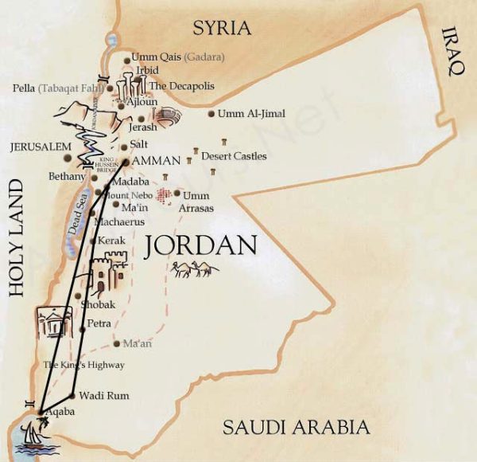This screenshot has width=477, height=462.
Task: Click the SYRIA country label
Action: [222, 29]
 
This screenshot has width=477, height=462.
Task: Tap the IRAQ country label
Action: [453, 52]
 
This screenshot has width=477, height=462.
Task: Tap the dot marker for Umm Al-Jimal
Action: [211, 115]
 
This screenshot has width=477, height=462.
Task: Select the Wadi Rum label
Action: [103, 395]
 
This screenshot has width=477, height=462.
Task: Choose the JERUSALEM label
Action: [40, 147]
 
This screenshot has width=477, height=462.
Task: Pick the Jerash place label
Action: [142, 127]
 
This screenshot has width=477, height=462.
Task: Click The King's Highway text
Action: [72, 365]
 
